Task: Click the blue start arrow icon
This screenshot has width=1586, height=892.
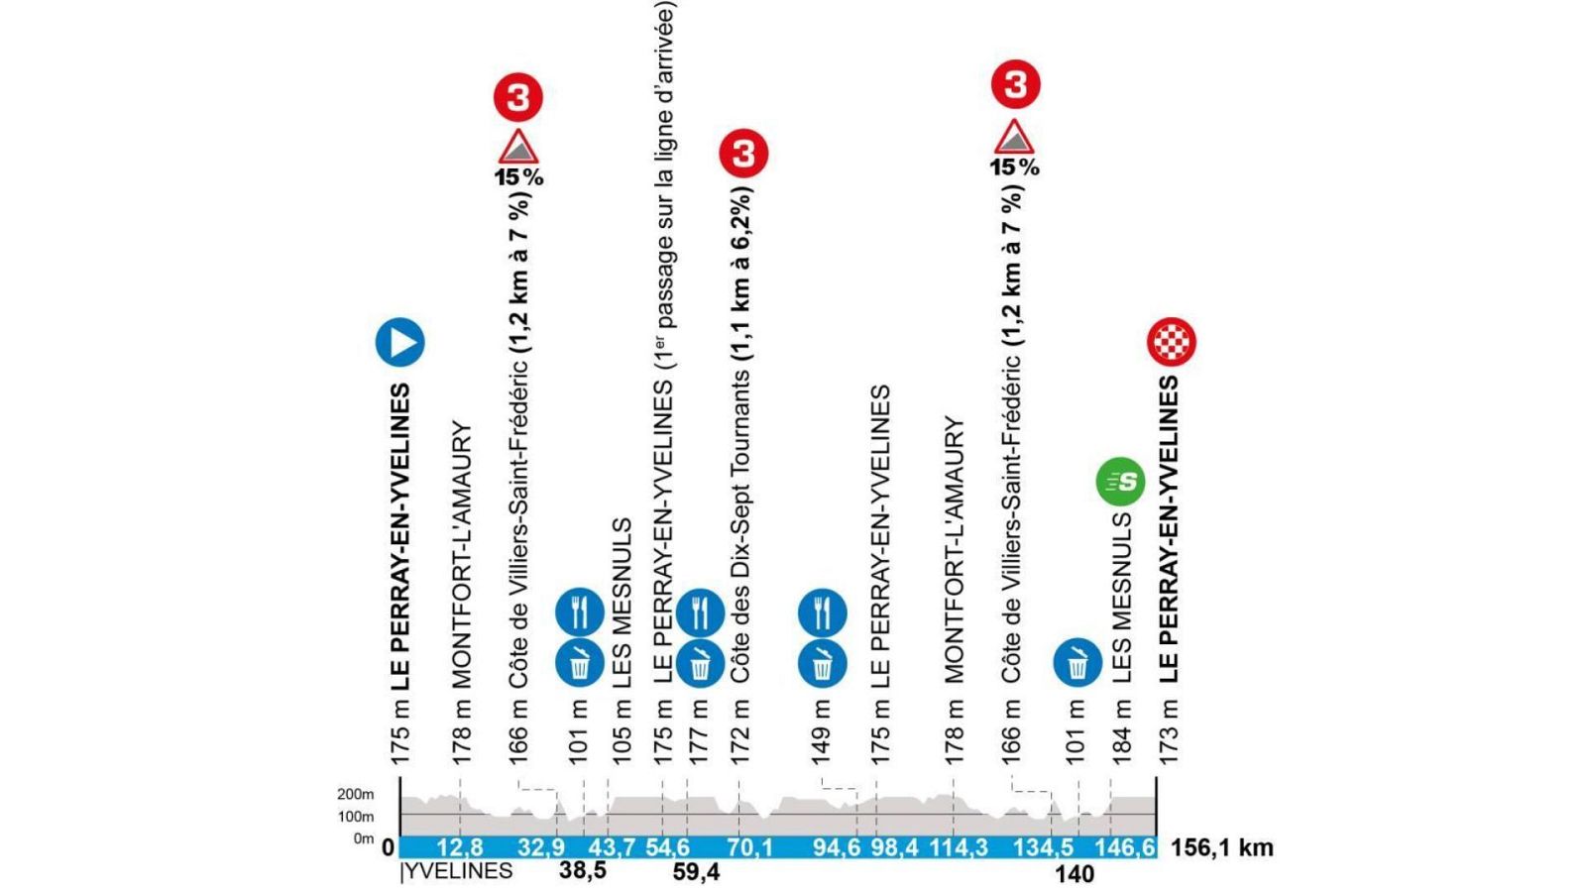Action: [x=399, y=343]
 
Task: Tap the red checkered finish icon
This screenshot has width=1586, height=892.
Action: [x=1171, y=341]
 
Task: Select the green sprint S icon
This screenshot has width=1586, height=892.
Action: [x=1120, y=482]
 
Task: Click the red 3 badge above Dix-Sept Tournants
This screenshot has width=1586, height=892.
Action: [x=744, y=154]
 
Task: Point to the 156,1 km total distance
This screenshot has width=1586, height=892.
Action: [x=1221, y=848]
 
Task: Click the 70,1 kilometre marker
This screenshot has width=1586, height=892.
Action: [x=748, y=848]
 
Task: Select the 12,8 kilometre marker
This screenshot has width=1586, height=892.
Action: [x=459, y=848]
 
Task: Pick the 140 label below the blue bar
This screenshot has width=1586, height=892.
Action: [x=1075, y=873]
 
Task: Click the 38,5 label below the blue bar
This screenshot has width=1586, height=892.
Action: [x=582, y=872]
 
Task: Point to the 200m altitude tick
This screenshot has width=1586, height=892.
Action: [x=355, y=795]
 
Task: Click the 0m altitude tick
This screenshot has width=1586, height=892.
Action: [x=363, y=839]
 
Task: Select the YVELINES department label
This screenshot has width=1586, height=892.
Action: [x=457, y=872]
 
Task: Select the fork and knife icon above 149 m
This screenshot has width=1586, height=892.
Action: [x=822, y=613]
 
